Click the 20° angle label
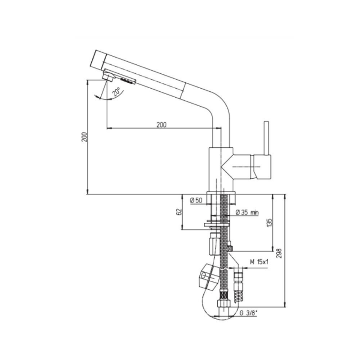coord(117,91)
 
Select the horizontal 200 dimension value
coord(162,125)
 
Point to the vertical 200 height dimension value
coord(85,137)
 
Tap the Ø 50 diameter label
coord(196,200)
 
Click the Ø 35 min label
coord(247,212)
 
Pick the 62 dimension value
coord(179,211)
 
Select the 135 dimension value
coord(270,223)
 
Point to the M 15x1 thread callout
coord(259,262)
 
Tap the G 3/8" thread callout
coord(248,313)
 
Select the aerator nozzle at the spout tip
coord(109,76)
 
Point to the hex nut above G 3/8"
coord(224,303)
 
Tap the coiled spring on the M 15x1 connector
coord(238,297)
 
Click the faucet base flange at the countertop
coord(221,198)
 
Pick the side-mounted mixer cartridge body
coord(252,166)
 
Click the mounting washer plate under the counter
coord(217,225)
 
